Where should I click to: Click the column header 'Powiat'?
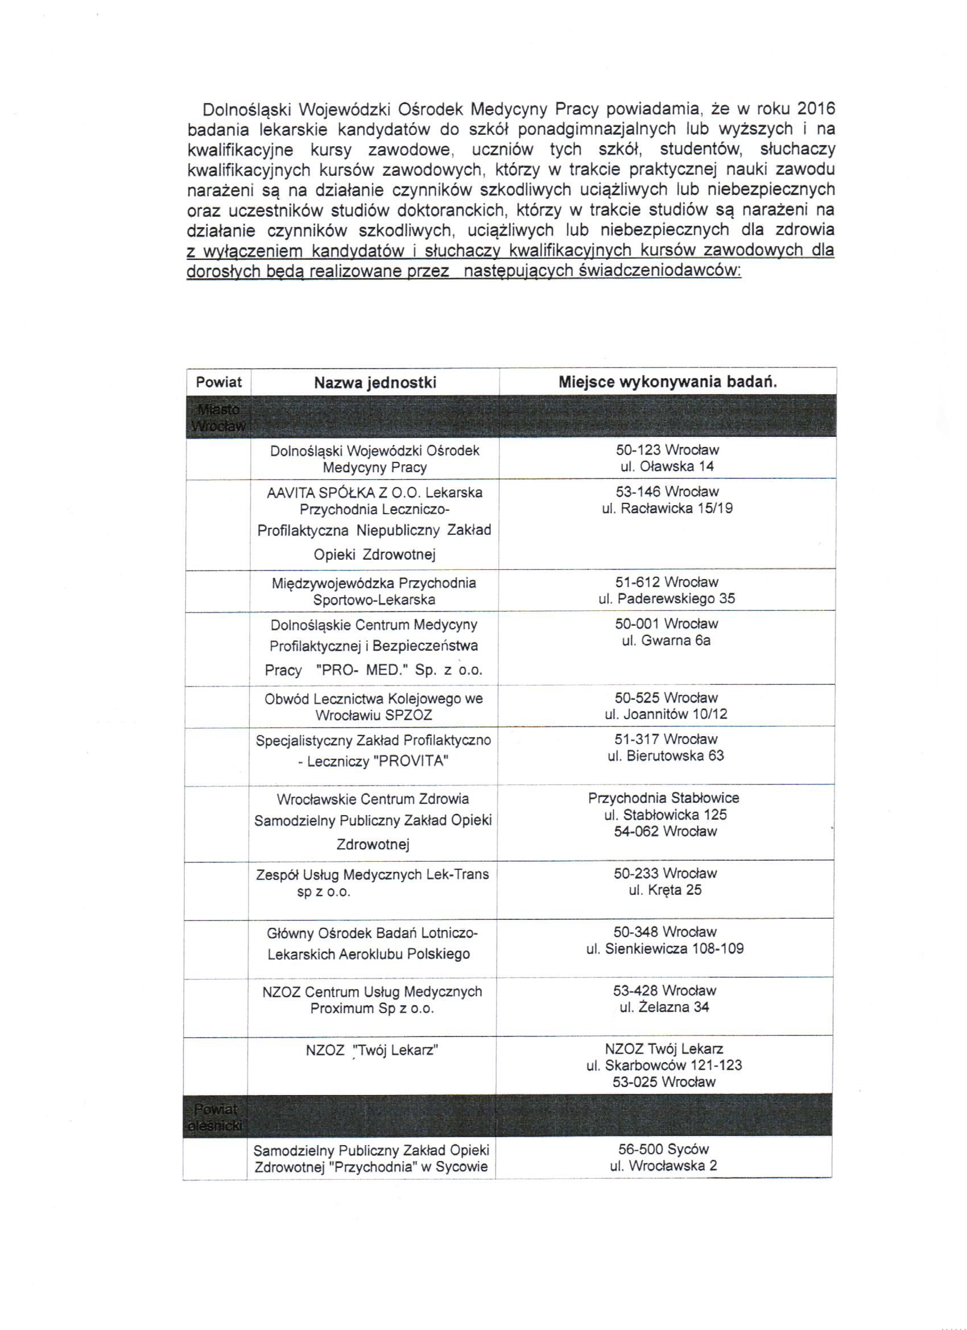(219, 382)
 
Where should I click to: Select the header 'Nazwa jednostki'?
(375, 383)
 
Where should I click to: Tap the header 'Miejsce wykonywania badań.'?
(667, 382)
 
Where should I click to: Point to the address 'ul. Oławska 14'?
(667, 467)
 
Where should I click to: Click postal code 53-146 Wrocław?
(667, 491)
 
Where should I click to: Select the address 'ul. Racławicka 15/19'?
(667, 509)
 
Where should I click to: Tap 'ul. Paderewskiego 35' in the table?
(666, 599)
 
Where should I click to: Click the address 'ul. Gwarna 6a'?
(666, 641)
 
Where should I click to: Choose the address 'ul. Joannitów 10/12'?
(666, 714)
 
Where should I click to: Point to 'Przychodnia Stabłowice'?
(663, 798)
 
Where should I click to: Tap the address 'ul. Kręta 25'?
(665, 890)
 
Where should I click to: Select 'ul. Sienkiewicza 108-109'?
(664, 948)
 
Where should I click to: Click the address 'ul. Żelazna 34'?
(664, 1007)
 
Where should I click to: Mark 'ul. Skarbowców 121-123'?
(664, 1065)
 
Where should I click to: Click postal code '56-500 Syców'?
(663, 1149)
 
